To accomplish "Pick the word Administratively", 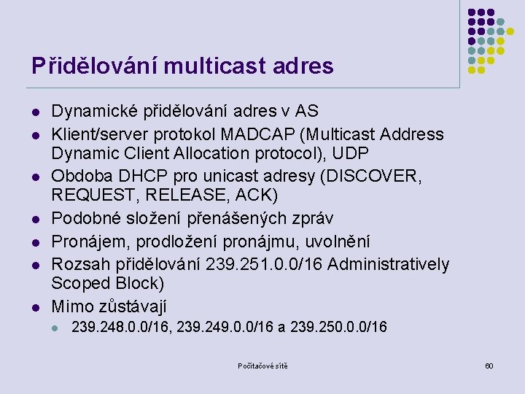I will point(389,264).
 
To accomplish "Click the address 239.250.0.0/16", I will point(338,328).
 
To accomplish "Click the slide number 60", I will point(489,366).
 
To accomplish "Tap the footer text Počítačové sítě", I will point(262,366).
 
